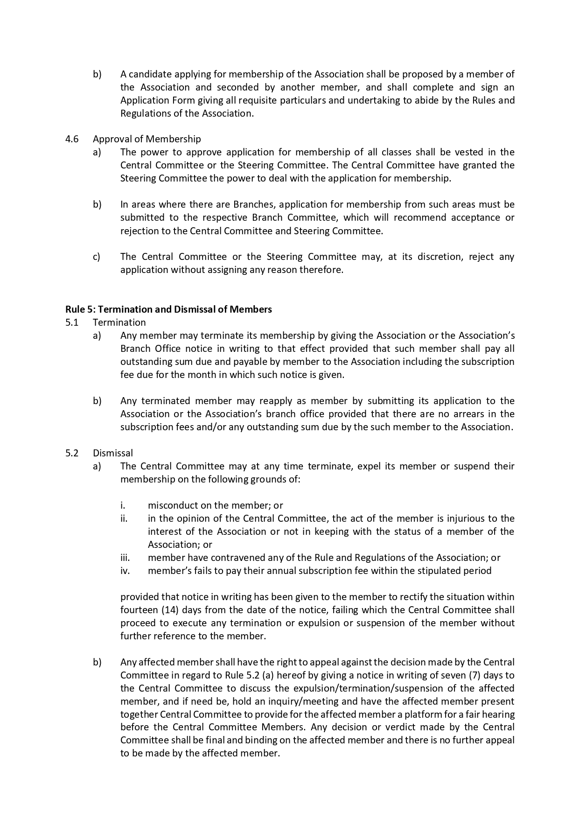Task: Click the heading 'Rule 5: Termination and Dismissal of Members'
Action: point(168,309)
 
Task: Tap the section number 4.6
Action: point(72,139)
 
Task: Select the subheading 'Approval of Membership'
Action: point(146,139)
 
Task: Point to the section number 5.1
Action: point(72,322)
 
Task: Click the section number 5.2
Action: point(72,453)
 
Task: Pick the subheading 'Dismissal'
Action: point(112,453)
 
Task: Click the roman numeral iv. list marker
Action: point(125,570)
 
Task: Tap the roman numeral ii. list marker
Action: point(124,518)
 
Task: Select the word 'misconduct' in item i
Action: point(170,505)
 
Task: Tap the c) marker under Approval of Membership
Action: point(97,256)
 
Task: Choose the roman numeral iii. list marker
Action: point(125,557)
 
